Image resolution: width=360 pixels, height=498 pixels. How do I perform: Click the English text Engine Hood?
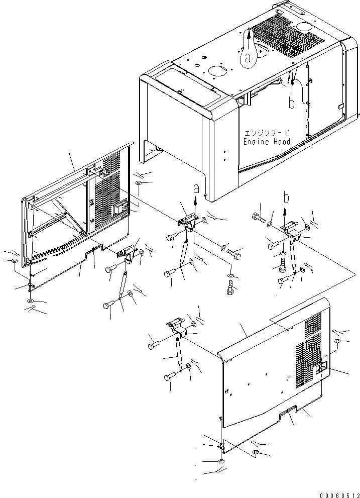(x=267, y=142)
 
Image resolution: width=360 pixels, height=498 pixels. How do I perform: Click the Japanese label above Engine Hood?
(x=267, y=134)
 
